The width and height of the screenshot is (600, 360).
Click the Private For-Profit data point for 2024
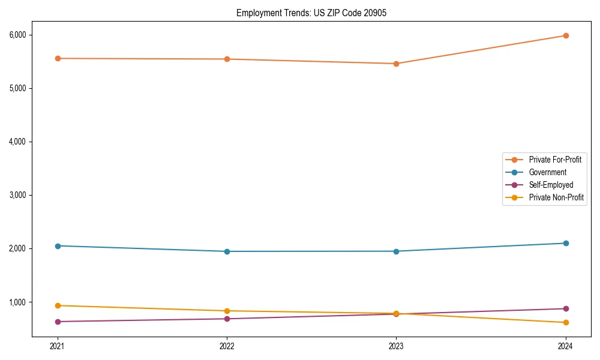[x=566, y=35]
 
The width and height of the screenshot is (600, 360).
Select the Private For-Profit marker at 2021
[x=58, y=58]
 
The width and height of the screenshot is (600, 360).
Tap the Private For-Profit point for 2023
[x=396, y=64]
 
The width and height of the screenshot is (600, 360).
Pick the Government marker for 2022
[x=227, y=251]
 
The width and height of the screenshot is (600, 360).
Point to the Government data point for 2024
[x=566, y=243]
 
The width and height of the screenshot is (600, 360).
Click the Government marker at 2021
[x=58, y=246]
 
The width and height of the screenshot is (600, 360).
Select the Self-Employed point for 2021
[x=58, y=322]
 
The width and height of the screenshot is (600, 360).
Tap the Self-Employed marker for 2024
[x=566, y=308]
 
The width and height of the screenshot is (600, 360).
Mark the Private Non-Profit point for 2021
[x=58, y=305]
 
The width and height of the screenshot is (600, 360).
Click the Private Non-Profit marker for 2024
[x=566, y=323]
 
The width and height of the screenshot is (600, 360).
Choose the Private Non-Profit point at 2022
[x=227, y=311]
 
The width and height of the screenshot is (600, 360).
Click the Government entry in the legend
[x=547, y=172]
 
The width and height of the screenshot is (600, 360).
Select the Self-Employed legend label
[x=551, y=185]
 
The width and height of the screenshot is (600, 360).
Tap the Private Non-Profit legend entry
[x=556, y=197]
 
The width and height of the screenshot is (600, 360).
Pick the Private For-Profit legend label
[x=555, y=160]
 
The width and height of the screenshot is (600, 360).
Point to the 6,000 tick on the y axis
[x=18, y=35]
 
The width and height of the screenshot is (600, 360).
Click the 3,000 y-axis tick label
[x=18, y=195]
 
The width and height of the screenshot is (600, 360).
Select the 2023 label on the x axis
[x=396, y=346]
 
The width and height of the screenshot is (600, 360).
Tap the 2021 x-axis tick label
[x=58, y=346]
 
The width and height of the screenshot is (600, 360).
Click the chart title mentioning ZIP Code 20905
[x=311, y=13]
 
